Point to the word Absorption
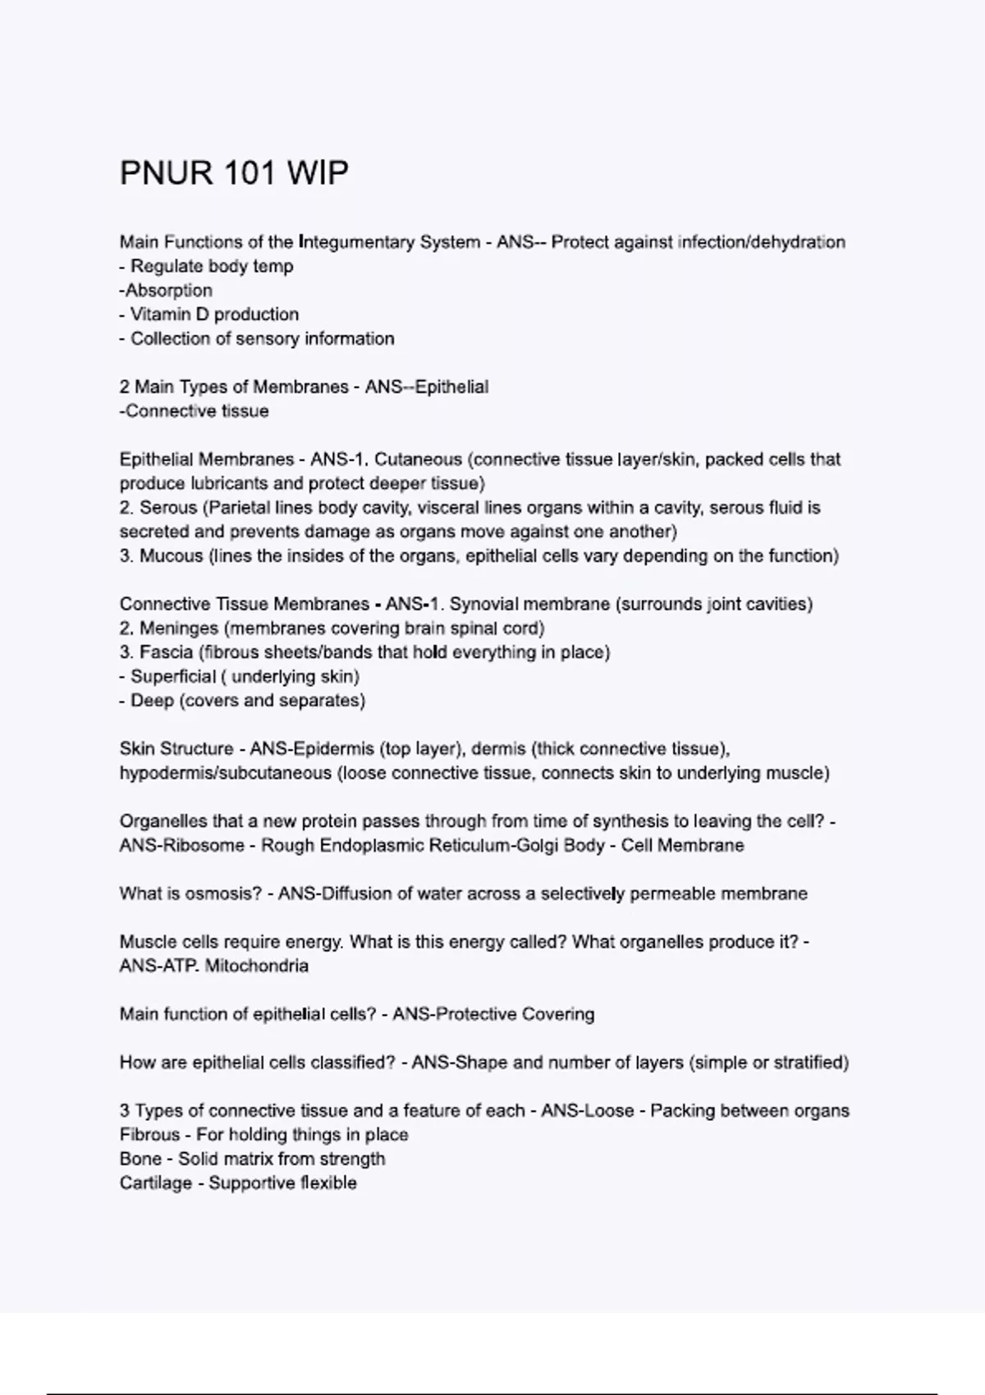pyautogui.click(x=168, y=290)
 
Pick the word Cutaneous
pyautogui.click(x=418, y=460)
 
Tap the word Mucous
pyautogui.click(x=171, y=556)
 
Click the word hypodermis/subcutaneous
pyautogui.click(x=225, y=773)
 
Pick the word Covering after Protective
pyautogui.click(x=557, y=1014)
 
